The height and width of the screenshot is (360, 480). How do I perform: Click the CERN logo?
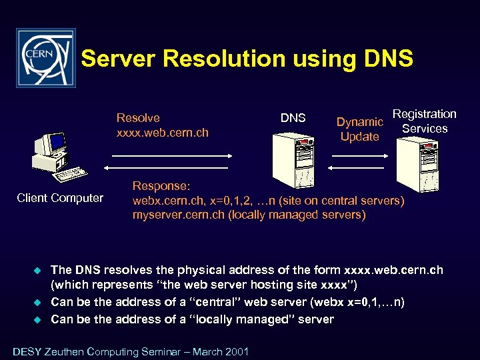click(45, 58)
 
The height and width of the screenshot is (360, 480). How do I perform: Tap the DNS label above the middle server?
click(293, 118)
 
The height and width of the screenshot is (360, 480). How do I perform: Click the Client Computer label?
click(60, 198)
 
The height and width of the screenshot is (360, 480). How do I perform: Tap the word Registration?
click(424, 114)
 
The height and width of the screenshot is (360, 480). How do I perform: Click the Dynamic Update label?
click(359, 129)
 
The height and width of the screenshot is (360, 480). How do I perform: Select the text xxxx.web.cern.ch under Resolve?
click(162, 133)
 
